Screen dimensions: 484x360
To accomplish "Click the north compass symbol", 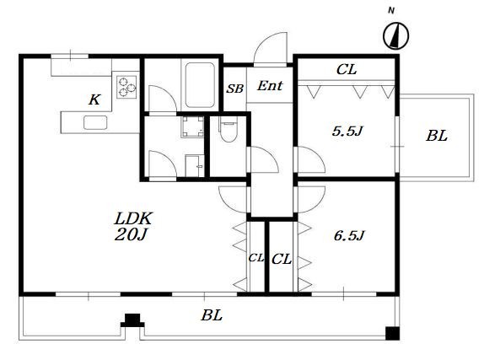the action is (x=396, y=35).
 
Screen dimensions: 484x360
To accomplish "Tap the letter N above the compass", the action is (x=391, y=11).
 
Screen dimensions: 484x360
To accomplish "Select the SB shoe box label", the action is (x=235, y=89).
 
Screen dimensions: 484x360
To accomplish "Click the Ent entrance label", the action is (x=270, y=85).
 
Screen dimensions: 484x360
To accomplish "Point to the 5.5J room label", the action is (x=347, y=132).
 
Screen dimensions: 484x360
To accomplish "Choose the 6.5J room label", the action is (x=349, y=235).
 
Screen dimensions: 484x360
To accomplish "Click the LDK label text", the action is (x=133, y=218).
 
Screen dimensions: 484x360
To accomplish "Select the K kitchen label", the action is (x=94, y=99).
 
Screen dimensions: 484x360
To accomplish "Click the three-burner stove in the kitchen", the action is (x=126, y=87).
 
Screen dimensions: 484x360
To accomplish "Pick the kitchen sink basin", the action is (x=95, y=122).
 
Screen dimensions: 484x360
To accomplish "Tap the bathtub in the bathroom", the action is (x=200, y=85).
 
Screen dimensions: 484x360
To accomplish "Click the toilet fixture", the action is (x=229, y=129).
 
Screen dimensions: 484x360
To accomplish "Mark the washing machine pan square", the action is (x=192, y=126).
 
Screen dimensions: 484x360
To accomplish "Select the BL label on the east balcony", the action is (x=437, y=136).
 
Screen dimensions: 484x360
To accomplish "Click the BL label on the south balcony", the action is (x=212, y=315).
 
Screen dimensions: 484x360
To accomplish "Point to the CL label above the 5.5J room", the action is (x=347, y=69).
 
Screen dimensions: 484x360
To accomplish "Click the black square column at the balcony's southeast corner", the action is (x=393, y=334).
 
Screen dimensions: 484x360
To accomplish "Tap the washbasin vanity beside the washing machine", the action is (x=195, y=166).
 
